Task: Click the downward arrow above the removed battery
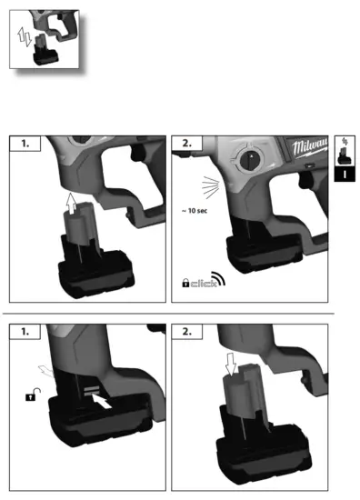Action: pos(232,365)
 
